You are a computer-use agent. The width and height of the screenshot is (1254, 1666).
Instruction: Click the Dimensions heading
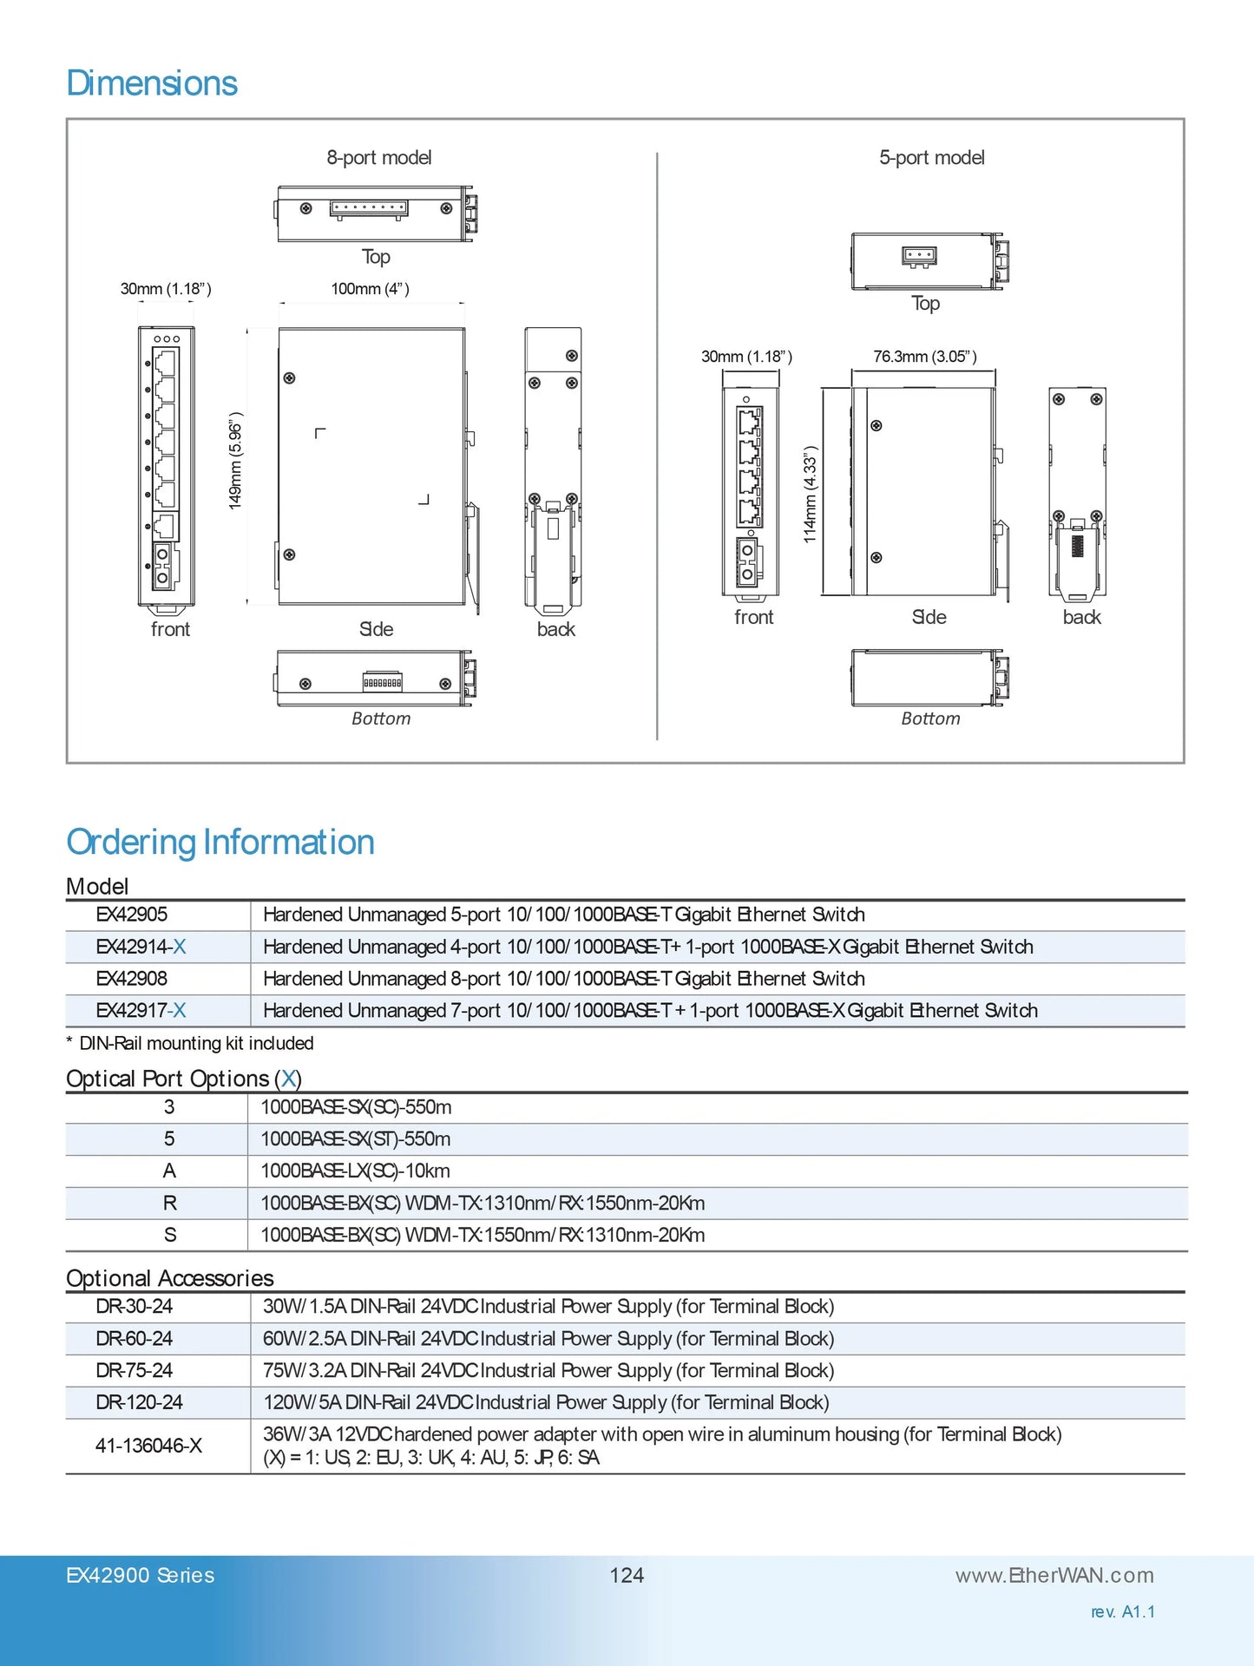[x=152, y=83]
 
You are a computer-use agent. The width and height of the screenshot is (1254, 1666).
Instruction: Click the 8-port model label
[x=379, y=158]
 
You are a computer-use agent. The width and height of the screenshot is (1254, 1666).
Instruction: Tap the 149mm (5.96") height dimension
[x=235, y=461]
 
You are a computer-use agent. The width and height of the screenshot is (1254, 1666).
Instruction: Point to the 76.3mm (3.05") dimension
[x=925, y=357]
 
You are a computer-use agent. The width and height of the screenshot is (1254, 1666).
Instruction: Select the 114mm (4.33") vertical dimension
[x=810, y=495]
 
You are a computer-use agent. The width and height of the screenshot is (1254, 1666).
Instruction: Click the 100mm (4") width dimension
[x=370, y=289]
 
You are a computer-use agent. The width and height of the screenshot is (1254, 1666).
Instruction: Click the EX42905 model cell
[x=132, y=915]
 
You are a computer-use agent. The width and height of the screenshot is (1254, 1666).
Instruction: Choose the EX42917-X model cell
[x=141, y=1011]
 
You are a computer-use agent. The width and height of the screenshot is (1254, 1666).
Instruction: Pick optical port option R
[x=169, y=1204]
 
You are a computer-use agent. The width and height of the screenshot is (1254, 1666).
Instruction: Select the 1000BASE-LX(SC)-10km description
[x=355, y=1171]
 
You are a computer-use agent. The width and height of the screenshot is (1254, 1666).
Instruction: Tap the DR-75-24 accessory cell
[x=135, y=1371]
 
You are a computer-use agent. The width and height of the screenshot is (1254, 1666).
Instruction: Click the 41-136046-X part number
[x=148, y=1446]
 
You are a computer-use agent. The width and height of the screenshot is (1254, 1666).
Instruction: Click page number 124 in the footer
[x=627, y=1576]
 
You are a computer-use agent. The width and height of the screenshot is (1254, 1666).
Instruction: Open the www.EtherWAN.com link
[x=1054, y=1576]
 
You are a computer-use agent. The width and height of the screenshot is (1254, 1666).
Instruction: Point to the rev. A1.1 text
[x=1123, y=1612]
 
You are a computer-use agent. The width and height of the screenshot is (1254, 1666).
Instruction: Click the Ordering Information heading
[x=220, y=843]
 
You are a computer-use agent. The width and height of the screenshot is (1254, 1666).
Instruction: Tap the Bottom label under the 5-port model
[x=930, y=718]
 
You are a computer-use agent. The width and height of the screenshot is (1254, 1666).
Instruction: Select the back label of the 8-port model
[x=555, y=630]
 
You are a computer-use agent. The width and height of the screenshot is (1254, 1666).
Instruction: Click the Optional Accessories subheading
[x=170, y=1278]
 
